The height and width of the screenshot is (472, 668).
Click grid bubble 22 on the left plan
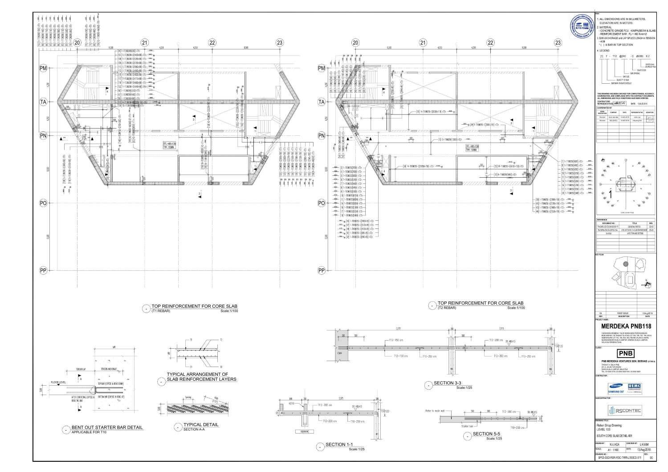(212, 43)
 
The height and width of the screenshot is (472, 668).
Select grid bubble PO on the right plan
(322, 203)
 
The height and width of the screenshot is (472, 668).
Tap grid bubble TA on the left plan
(43, 102)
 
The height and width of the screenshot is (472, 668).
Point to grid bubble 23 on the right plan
(558, 43)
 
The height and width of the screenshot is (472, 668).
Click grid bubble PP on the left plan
(43, 271)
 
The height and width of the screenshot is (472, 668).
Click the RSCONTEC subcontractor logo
(625, 410)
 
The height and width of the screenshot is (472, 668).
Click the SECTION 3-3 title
(447, 383)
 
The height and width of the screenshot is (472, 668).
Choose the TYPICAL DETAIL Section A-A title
(201, 425)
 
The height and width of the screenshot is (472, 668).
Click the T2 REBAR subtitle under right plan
(447, 308)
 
